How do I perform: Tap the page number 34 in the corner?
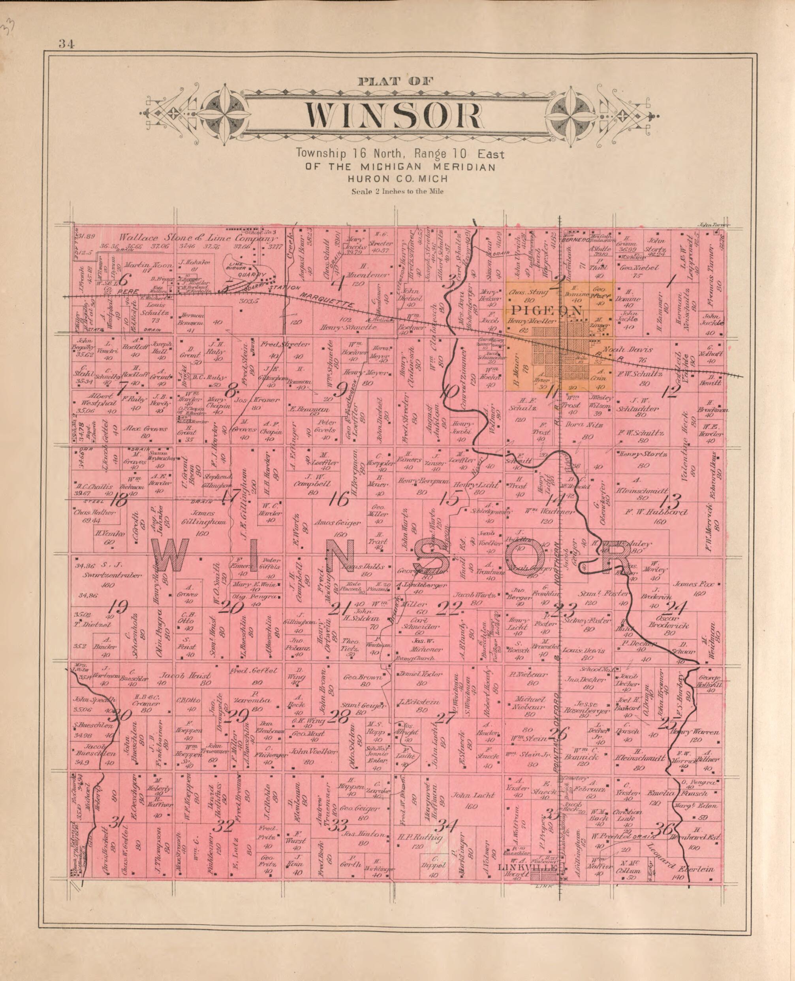click(66, 44)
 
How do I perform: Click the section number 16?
click(338, 500)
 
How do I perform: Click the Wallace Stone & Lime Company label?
click(198, 238)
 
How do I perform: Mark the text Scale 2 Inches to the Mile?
click(397, 192)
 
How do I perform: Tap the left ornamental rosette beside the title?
click(224, 113)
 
